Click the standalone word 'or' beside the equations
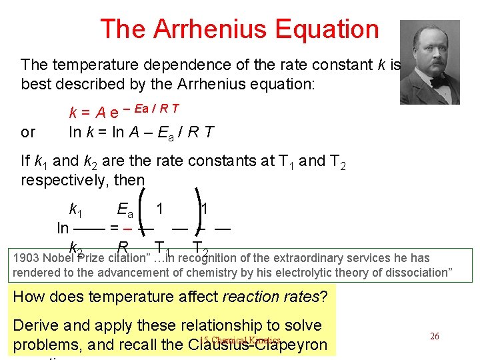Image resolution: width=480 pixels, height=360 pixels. pyautogui.click(x=28, y=132)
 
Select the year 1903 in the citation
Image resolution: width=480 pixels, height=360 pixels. pyautogui.click(x=26, y=258)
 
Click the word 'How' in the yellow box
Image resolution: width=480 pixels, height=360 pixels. pyautogui.click(x=28, y=297)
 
